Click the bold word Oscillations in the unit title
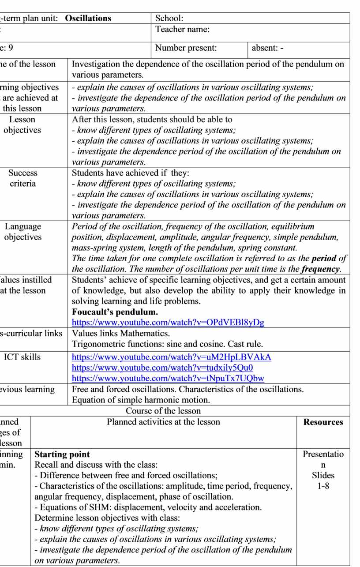[x=88, y=19]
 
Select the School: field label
[x=169, y=19]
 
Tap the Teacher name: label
[x=182, y=30]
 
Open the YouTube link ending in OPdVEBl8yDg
[x=168, y=323]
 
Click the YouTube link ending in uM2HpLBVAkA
[x=171, y=357]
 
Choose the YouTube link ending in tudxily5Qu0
[x=162, y=368]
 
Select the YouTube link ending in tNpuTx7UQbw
[x=168, y=378]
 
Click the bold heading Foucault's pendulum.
[x=115, y=312]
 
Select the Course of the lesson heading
[x=163, y=411]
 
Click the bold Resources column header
[x=323, y=422]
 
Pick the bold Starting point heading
[x=62, y=454]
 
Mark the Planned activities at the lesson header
[x=163, y=422]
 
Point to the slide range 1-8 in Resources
[x=323, y=486]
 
